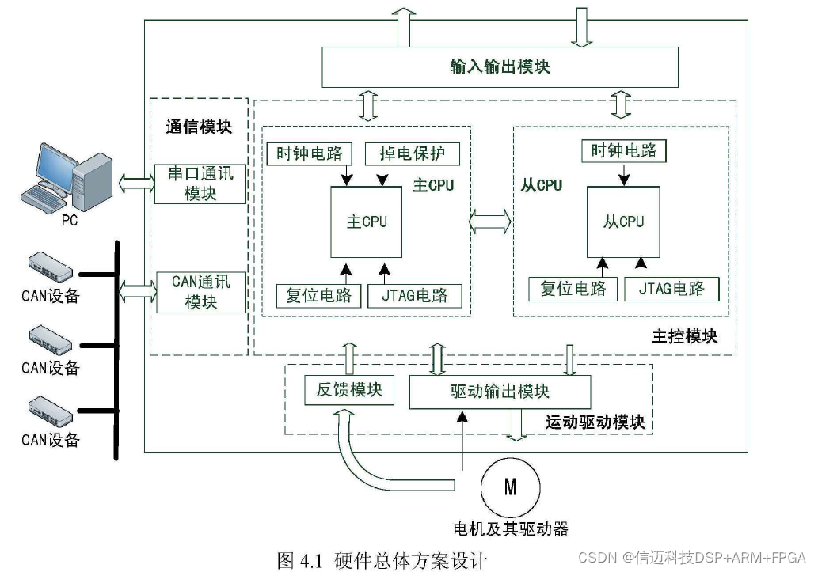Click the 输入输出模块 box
500,66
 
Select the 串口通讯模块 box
200,184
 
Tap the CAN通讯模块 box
200,292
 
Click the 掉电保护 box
412,153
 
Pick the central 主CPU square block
367,222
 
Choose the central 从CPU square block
623,222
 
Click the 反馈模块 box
349,389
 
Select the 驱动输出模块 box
500,392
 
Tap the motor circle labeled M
510,487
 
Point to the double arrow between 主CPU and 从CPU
490,222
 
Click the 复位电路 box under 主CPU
319,295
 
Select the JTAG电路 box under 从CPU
672,289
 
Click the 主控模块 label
685,336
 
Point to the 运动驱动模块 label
595,422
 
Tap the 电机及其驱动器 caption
510,528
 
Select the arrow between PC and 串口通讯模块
135,184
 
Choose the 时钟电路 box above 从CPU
624,150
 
